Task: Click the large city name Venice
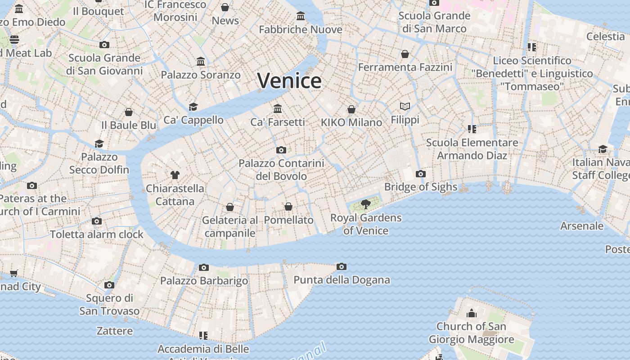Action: point(289,81)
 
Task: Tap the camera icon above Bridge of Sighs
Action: point(421,174)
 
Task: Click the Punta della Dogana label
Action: point(342,280)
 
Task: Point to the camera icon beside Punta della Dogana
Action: point(342,267)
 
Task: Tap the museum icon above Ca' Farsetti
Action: point(278,109)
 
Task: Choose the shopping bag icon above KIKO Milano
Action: point(351,109)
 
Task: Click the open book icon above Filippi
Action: point(405,107)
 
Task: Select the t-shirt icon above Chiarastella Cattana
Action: point(175,175)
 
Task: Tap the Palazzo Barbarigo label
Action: point(204,281)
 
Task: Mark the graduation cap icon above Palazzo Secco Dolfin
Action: point(99,144)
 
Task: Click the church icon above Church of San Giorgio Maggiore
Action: point(472,313)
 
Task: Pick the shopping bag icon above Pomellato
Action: point(288,207)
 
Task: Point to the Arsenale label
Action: point(581,226)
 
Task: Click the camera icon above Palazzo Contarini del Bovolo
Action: point(281,150)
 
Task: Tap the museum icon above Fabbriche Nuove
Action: point(301,17)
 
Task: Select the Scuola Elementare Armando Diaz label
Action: point(472,149)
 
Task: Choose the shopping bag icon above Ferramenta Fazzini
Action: point(405,54)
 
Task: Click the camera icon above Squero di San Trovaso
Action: point(109,285)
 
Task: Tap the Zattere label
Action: point(115,331)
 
